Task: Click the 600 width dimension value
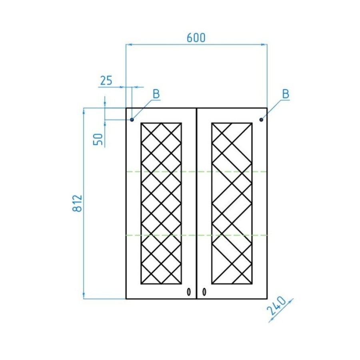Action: pyautogui.click(x=196, y=38)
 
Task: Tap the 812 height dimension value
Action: pyautogui.click(x=78, y=203)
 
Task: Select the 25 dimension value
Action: pyautogui.click(x=106, y=80)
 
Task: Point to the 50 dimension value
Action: pyautogui.click(x=98, y=139)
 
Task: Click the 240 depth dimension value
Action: pyautogui.click(x=276, y=306)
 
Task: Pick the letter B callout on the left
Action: pyautogui.click(x=156, y=94)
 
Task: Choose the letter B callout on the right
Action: pyautogui.click(x=286, y=94)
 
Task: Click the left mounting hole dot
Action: pyautogui.click(x=132, y=120)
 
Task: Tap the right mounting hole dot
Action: pyautogui.click(x=261, y=120)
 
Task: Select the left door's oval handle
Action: pyautogui.click(x=189, y=292)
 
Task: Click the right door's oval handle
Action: pyautogui.click(x=204, y=292)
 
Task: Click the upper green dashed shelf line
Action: pyautogui.click(x=196, y=172)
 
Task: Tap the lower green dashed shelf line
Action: pyautogui.click(x=196, y=235)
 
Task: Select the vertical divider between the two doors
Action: pyautogui.click(x=197, y=203)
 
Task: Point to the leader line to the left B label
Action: pyautogui.click(x=143, y=110)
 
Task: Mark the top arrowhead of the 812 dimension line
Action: pyautogui.click(x=84, y=110)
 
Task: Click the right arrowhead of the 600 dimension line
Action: pyautogui.click(x=264, y=44)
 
